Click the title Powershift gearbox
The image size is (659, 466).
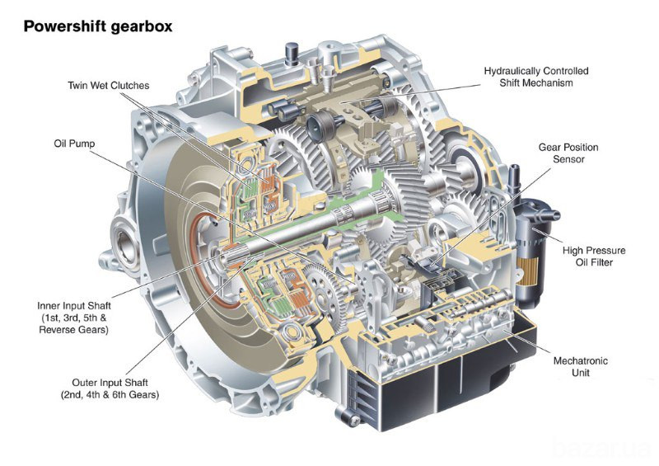98,26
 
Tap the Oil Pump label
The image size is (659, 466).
74,144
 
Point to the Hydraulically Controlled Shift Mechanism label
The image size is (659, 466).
536,77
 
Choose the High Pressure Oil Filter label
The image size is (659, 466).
594,257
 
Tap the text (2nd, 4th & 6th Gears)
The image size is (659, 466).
109,395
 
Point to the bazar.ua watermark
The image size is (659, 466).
605,447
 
